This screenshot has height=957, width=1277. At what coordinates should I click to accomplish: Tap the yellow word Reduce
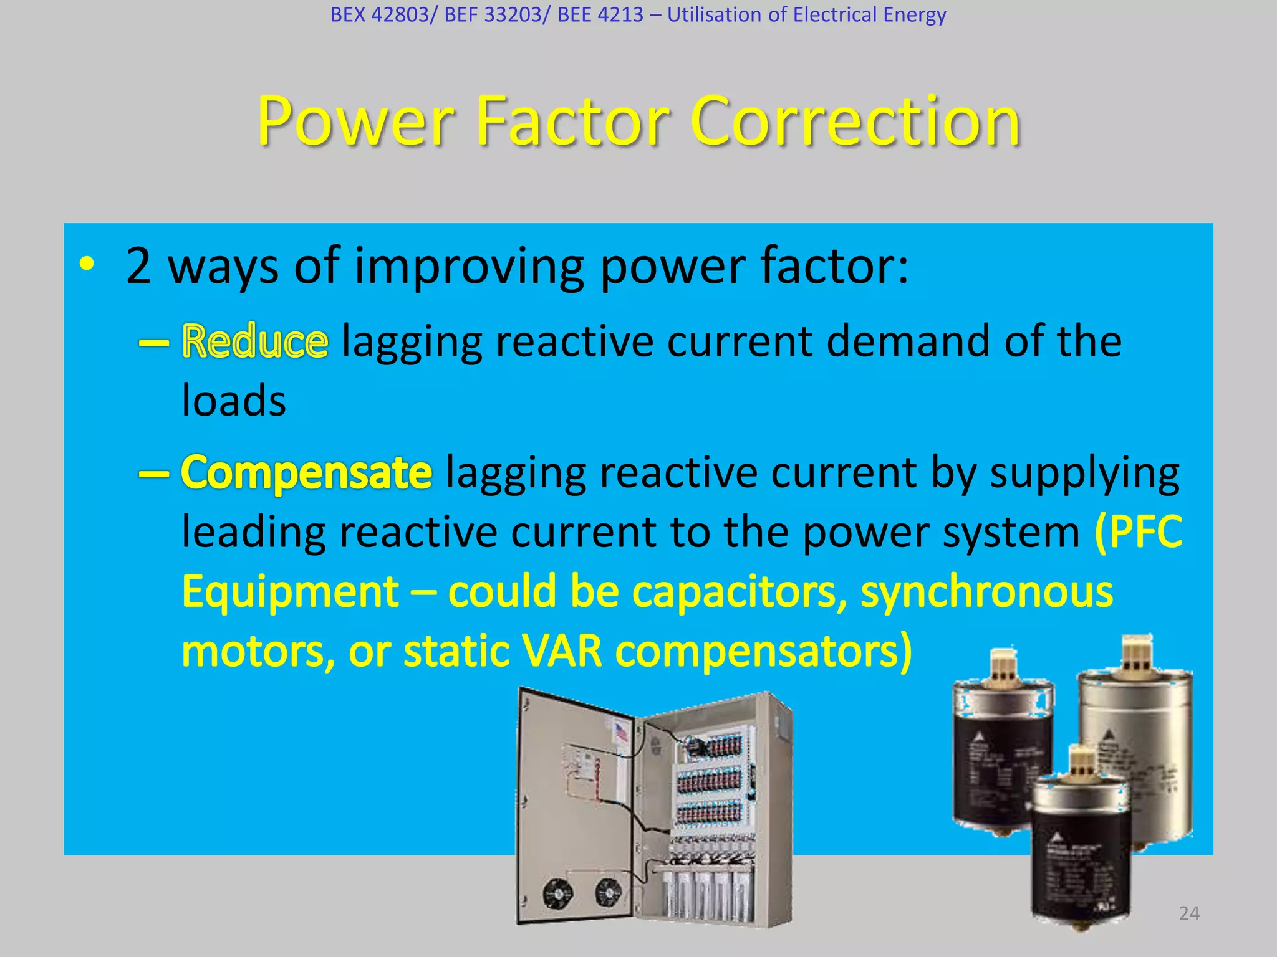click(x=254, y=341)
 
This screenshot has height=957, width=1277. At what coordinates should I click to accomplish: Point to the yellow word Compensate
click(x=306, y=472)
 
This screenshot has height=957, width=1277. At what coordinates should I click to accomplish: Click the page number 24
click(x=1189, y=913)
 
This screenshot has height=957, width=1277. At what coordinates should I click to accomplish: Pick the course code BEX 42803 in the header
click(x=380, y=14)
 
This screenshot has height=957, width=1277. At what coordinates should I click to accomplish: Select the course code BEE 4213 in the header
click(x=600, y=14)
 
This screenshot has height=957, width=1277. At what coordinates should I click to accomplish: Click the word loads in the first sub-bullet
click(x=233, y=400)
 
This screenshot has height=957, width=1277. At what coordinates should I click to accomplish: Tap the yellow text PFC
click(x=1139, y=531)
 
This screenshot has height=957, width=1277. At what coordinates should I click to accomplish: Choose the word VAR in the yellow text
click(x=562, y=651)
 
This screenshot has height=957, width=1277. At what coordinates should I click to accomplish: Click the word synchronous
click(x=986, y=591)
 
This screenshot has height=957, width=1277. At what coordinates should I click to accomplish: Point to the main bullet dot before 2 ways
click(x=87, y=264)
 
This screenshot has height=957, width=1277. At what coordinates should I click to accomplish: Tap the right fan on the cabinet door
click(x=605, y=892)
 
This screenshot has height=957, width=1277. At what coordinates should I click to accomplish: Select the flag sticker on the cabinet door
click(x=621, y=731)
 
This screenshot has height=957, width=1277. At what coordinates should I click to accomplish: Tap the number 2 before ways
click(x=138, y=266)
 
